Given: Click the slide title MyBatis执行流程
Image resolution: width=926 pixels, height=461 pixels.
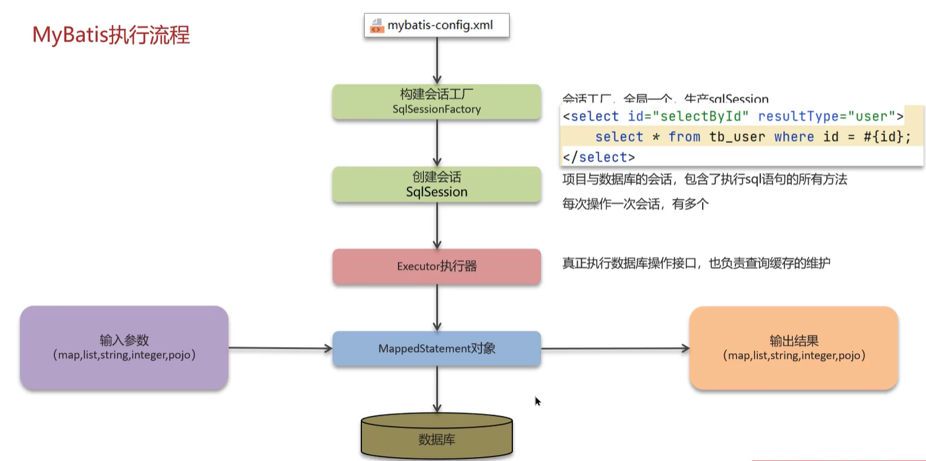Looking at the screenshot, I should pyautogui.click(x=111, y=35).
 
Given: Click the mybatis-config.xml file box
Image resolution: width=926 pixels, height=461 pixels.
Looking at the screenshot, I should pyautogui.click(x=437, y=26).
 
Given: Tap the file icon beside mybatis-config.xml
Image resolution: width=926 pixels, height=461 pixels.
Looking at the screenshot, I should pyautogui.click(x=377, y=26).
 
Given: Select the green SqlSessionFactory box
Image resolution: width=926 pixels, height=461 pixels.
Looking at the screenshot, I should pyautogui.click(x=436, y=101).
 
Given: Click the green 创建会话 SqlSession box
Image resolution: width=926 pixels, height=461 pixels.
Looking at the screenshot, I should pyautogui.click(x=436, y=184).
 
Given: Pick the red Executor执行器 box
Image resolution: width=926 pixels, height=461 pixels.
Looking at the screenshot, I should pyautogui.click(x=436, y=266).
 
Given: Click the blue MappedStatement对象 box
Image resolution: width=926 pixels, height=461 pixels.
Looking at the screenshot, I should pyautogui.click(x=436, y=348).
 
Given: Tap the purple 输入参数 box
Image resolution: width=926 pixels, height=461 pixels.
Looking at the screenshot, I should pyautogui.click(x=124, y=347).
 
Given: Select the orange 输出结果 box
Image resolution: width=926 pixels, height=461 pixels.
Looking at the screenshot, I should pyautogui.click(x=794, y=347).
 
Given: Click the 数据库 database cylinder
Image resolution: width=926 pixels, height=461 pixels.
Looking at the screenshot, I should pyautogui.click(x=436, y=438).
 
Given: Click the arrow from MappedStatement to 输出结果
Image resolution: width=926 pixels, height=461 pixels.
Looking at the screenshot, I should pyautogui.click(x=615, y=348).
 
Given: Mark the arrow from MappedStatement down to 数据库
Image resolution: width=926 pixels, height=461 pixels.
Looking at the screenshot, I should pyautogui.click(x=437, y=391).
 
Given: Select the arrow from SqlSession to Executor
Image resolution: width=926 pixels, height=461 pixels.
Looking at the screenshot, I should pyautogui.click(x=437, y=225).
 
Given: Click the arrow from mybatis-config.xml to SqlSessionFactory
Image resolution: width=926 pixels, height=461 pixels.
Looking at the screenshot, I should pyautogui.click(x=437, y=61).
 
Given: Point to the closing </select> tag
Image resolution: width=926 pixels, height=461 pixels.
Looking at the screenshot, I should pyautogui.click(x=598, y=157).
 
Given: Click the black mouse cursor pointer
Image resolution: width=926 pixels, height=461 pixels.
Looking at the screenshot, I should pyautogui.click(x=537, y=401).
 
